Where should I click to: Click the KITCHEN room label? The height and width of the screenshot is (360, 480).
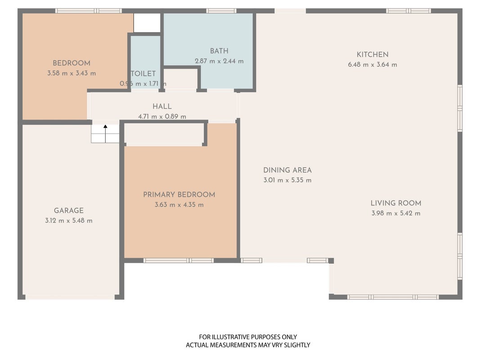(372, 54)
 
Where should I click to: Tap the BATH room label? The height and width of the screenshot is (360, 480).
(219, 51)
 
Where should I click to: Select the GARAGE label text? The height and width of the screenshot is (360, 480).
(68, 211)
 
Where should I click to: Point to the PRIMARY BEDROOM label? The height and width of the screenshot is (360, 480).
(179, 195)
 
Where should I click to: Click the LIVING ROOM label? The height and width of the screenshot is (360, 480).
(396, 203)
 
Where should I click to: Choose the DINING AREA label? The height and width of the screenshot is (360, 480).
(287, 170)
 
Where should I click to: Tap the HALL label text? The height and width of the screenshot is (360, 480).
(162, 107)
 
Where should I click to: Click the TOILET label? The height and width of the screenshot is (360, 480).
(143, 74)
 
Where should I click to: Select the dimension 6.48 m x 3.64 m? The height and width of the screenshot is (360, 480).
(372, 65)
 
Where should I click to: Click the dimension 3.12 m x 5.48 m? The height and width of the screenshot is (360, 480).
(68, 220)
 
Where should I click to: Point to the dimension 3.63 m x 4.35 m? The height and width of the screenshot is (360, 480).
(179, 205)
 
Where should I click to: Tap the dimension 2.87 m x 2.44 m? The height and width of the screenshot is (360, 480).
(219, 61)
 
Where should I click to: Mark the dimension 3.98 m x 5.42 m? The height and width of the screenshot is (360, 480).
(396, 213)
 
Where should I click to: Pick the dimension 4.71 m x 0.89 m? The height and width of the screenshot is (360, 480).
(162, 117)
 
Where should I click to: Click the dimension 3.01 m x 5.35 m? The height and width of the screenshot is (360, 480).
(287, 180)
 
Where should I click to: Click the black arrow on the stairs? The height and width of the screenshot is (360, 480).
(105, 134)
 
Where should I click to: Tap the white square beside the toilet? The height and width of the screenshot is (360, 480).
(147, 22)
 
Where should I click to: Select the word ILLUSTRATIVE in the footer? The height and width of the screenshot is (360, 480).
(231, 337)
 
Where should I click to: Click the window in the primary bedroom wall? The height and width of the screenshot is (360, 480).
(179, 261)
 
